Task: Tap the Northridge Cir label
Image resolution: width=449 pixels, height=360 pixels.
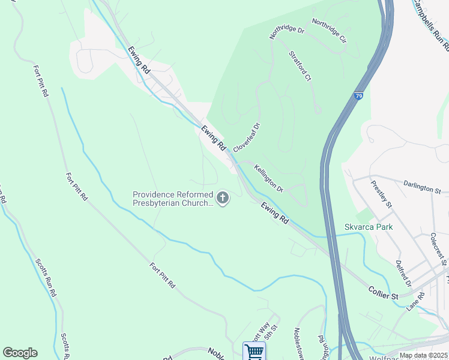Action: click(x=330, y=31)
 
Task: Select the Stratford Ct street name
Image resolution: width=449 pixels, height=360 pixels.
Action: click(x=300, y=65)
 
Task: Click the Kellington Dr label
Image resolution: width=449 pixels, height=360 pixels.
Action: click(x=268, y=178)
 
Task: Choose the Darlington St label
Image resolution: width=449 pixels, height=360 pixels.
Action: click(x=422, y=188)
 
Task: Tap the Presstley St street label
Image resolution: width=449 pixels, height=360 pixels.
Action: click(x=381, y=194)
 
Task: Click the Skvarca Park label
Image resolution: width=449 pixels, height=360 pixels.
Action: click(x=369, y=227)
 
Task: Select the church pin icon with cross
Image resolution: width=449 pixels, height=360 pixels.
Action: click(x=223, y=198)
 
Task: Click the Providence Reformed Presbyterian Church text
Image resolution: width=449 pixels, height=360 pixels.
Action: click(x=173, y=199)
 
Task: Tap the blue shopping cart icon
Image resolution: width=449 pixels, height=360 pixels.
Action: click(x=254, y=352)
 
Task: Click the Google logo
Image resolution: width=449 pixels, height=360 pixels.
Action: click(x=20, y=353)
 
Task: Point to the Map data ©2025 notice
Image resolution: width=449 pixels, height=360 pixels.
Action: click(x=423, y=355)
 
